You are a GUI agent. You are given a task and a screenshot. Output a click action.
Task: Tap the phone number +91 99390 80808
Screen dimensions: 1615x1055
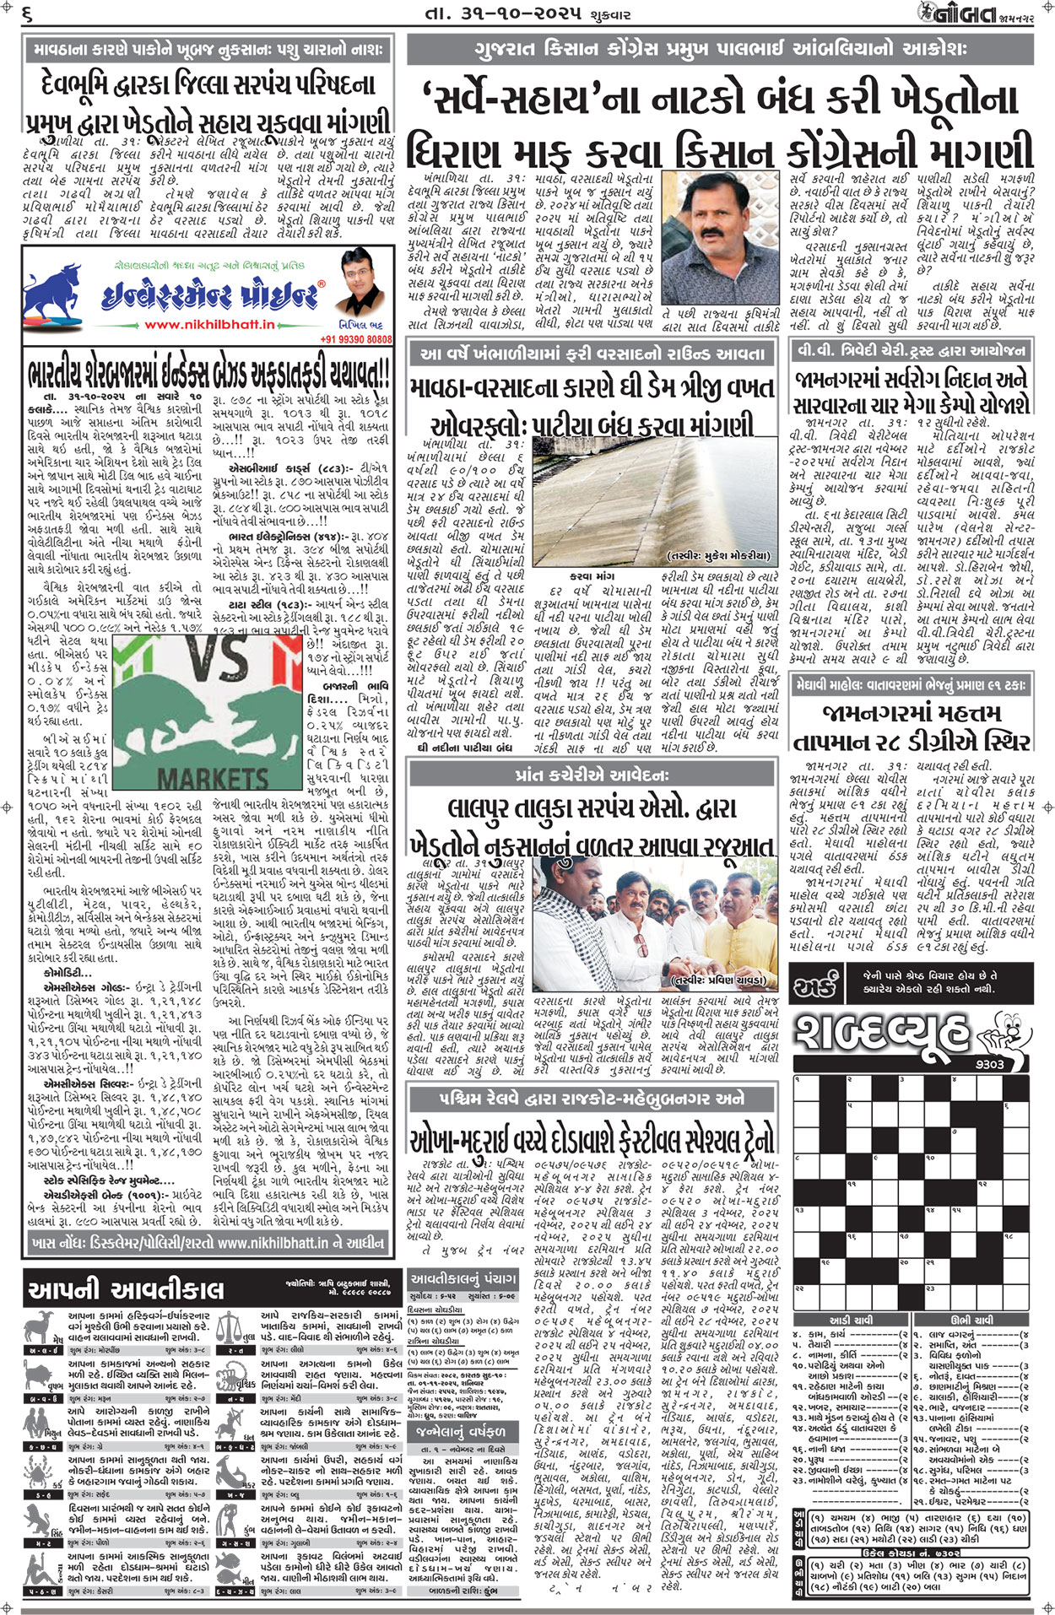click(x=356, y=339)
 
